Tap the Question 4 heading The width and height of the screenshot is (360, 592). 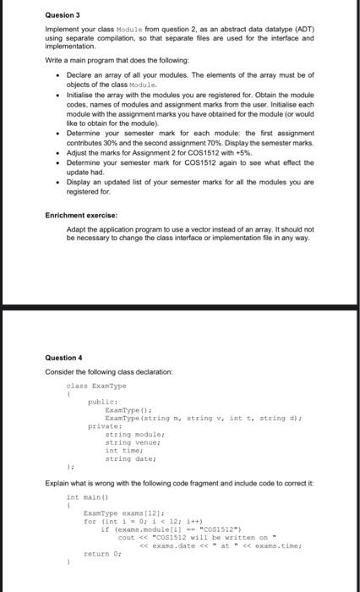coord(63,357)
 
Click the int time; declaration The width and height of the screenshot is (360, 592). coord(123,450)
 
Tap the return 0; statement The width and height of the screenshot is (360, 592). coord(101,553)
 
